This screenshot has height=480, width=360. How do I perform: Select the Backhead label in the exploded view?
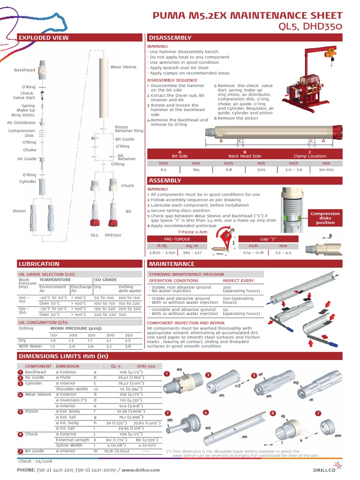pos(24,70)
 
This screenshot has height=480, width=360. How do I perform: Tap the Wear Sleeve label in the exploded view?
pos(123,67)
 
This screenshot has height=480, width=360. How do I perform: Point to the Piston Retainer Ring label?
pos(129,129)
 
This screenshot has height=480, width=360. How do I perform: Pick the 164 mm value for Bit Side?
pos(196,170)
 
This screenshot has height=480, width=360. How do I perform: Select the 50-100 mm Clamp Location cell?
pos(327,170)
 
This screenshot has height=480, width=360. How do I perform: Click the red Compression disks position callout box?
pos(325,218)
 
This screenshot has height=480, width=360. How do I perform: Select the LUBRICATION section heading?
pos(39,264)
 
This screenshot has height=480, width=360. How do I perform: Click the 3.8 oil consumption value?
pos(128,346)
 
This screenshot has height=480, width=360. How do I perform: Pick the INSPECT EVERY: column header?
pos(239,280)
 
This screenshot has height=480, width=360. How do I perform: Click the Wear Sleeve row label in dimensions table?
pos(38,395)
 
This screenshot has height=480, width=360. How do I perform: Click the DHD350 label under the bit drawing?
pos(113,234)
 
